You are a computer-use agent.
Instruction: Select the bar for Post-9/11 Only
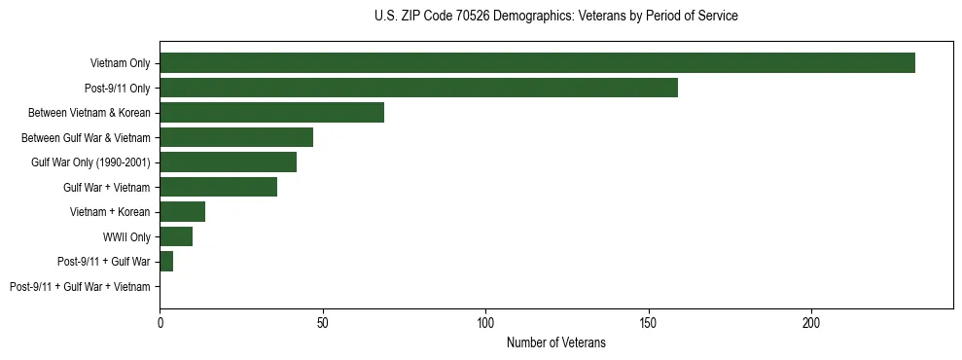[x=418, y=88]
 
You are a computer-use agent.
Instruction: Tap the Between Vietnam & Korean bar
[x=271, y=113]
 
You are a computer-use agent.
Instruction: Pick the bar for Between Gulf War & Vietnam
[x=236, y=137]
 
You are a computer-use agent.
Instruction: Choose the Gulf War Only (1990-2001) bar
[x=228, y=162]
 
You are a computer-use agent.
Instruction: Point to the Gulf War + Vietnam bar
[x=218, y=187]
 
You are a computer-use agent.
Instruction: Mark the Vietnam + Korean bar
[x=182, y=212]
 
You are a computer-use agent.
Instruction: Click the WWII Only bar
[x=176, y=236]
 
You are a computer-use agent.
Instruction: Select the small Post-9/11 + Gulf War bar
[x=166, y=262]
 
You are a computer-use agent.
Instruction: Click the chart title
[x=555, y=17]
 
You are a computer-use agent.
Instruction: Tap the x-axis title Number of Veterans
[x=555, y=342]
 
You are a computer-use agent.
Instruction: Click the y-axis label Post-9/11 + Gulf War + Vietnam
[x=80, y=287]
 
